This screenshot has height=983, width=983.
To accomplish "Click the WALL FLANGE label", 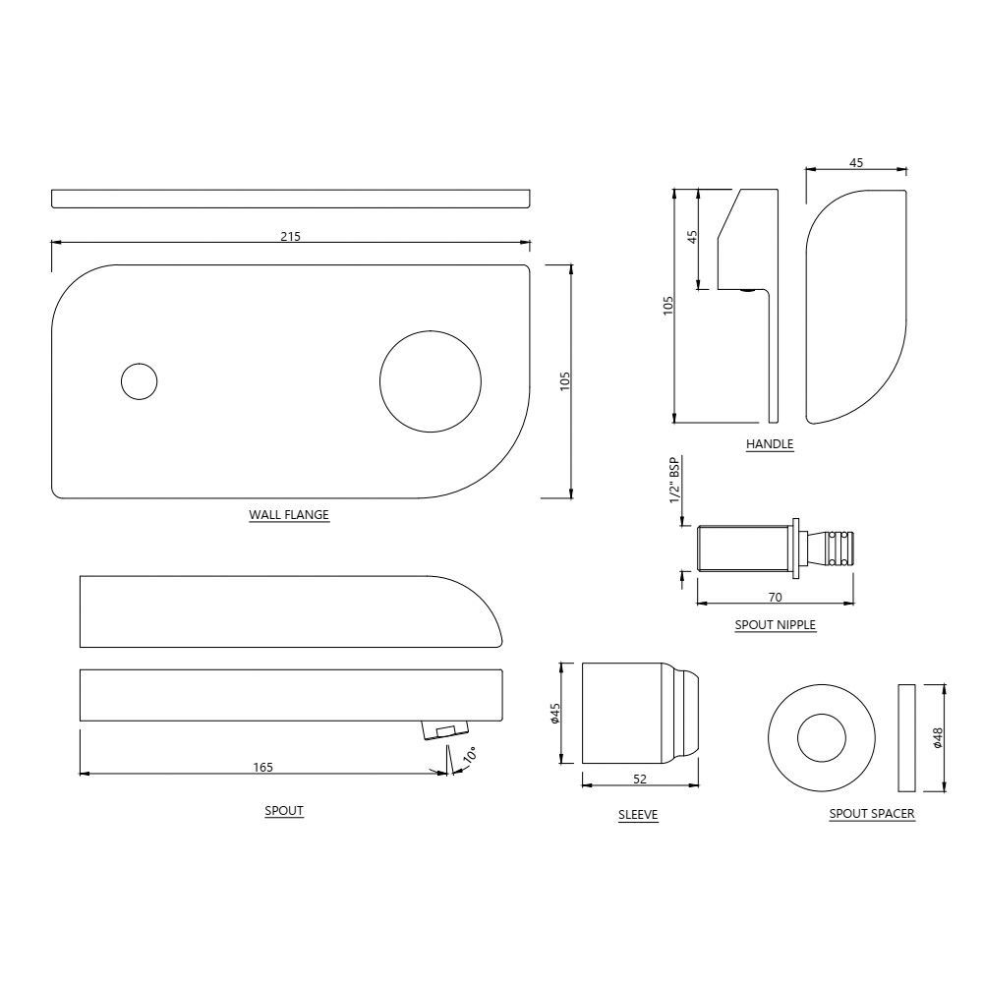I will [289, 514].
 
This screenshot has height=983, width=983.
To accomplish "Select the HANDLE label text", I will [770, 444].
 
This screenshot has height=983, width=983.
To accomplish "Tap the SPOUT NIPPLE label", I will [775, 624].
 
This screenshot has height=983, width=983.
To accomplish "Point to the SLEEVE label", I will [638, 815].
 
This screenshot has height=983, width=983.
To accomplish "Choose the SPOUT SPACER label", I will [872, 814].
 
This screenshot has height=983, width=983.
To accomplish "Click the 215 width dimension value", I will [290, 236].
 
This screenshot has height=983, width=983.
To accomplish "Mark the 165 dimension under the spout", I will [262, 767].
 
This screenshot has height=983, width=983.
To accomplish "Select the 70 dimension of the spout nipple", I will [775, 597].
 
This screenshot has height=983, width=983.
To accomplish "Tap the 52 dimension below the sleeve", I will [640, 780].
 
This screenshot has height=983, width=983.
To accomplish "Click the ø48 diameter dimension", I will [938, 737].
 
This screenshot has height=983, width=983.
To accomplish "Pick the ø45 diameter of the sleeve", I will [554, 714].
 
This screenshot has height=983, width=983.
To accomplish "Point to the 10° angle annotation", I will [469, 756].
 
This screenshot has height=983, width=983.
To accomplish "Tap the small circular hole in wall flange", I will [139, 380].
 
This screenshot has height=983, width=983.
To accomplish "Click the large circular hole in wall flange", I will [431, 381].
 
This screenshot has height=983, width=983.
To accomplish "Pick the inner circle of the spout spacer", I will [821, 738].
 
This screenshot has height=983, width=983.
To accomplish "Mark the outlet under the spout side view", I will [444, 729].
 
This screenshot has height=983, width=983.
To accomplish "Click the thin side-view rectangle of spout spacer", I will [906, 738].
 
